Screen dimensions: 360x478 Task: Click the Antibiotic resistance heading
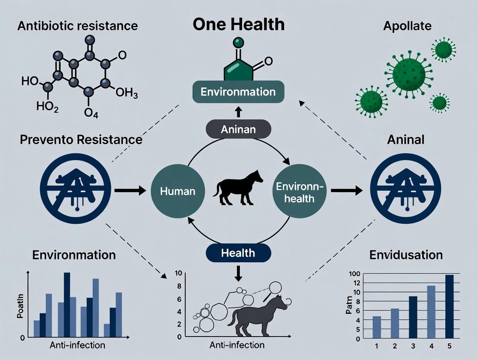[x=78, y=26]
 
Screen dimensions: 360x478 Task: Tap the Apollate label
[x=407, y=26]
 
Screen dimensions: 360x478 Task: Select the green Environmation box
[x=239, y=92]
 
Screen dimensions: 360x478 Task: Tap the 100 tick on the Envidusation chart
[x=355, y=274]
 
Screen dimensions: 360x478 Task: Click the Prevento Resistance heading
[x=75, y=140]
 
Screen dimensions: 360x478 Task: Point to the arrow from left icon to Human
[x=130, y=190]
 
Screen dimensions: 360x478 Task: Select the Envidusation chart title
[x=406, y=254]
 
